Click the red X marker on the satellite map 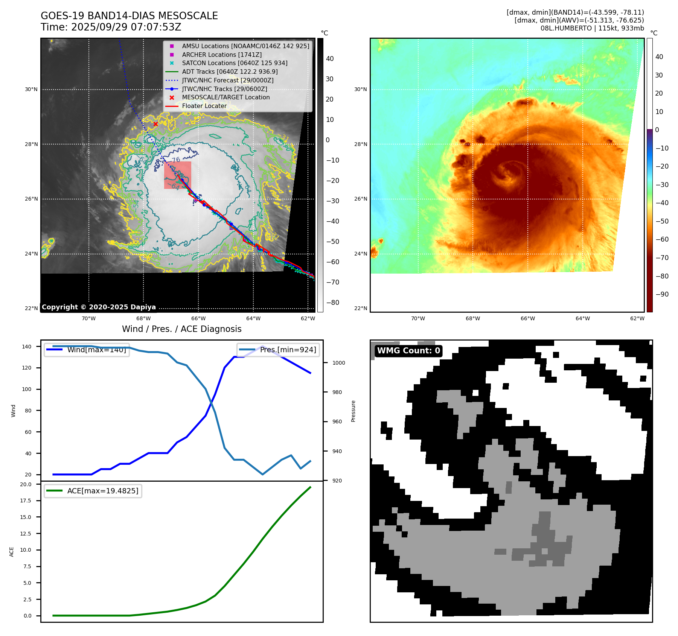click(155, 124)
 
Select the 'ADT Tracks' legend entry click(230, 72)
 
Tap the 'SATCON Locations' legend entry click(235, 63)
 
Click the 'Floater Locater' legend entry click(204, 106)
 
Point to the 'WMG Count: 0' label click(408, 351)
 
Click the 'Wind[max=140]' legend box click(87, 350)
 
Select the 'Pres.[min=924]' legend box click(278, 350)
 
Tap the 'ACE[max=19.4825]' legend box click(93, 491)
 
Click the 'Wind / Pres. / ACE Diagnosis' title click(181, 329)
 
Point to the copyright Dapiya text click(99, 307)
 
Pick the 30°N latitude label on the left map click(31, 90)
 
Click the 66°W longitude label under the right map click(527, 318)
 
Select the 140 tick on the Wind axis click(27, 347)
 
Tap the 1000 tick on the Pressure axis click(338, 363)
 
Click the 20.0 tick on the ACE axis click(26, 484)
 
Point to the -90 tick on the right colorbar click(662, 294)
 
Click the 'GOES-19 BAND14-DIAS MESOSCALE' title click(129, 16)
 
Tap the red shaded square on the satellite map click(178, 175)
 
